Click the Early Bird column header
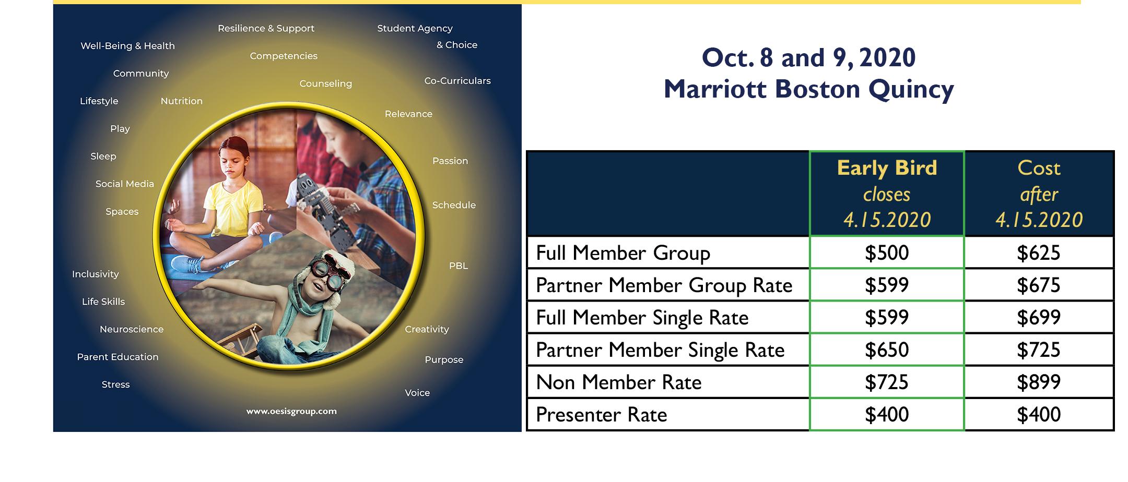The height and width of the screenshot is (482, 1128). [x=887, y=194]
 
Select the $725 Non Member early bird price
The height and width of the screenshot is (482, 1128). [x=887, y=382]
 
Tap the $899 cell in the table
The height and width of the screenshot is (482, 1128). [x=1039, y=382]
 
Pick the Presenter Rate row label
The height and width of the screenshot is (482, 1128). [x=602, y=415]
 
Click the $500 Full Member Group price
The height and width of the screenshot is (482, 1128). [x=887, y=253]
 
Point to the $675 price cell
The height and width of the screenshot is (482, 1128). [x=1039, y=285]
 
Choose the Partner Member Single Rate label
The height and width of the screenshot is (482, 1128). [x=660, y=350]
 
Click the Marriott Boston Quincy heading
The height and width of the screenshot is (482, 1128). [x=809, y=89]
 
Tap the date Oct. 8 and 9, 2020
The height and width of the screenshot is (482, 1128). [x=809, y=57]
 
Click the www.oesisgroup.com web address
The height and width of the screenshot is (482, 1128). [x=291, y=411]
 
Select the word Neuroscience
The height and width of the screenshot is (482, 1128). [x=132, y=329]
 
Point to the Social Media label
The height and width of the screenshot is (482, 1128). [x=125, y=184]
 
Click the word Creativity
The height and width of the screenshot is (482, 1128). [x=427, y=329]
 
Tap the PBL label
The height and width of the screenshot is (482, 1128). [x=459, y=266]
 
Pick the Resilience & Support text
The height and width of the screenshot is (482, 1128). [x=266, y=28]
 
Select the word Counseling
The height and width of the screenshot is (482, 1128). [x=326, y=83]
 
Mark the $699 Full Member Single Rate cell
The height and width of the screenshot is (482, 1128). [x=1039, y=318]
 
